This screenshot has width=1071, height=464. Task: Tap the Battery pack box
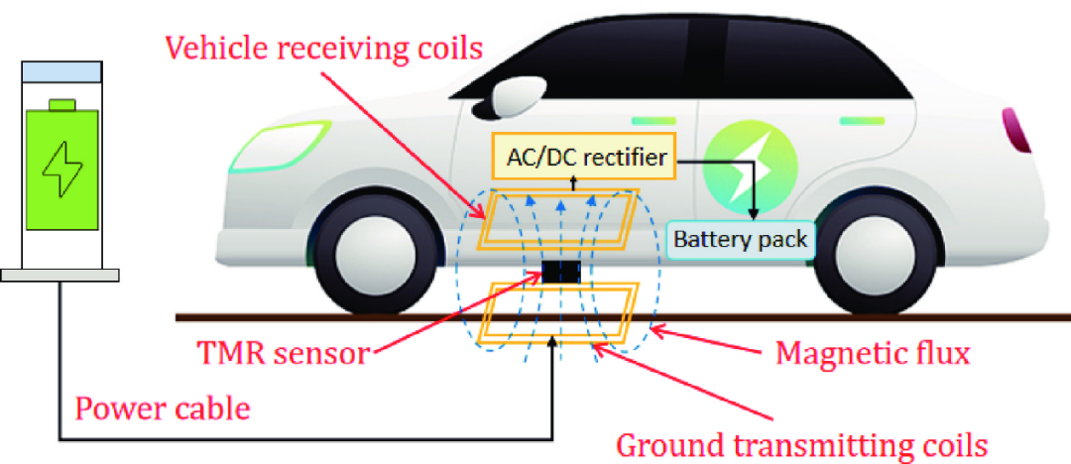[x=741, y=240]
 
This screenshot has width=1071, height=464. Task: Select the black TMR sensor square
[x=560, y=272]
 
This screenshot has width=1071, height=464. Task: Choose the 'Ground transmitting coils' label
[x=802, y=445]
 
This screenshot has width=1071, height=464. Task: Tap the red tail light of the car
[x=1015, y=131]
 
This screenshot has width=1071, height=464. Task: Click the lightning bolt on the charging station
[x=61, y=170]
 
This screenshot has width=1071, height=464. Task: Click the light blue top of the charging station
[x=61, y=71]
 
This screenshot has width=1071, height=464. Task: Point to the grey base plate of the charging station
[x=60, y=275]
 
